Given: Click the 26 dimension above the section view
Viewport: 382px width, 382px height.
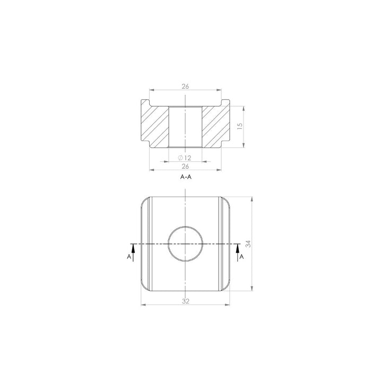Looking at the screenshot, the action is coord(185,86).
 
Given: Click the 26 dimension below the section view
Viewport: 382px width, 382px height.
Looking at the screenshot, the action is coord(185,167).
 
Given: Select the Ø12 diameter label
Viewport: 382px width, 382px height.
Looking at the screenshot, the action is coord(185,158).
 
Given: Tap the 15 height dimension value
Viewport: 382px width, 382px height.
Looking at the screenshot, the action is coord(240,126).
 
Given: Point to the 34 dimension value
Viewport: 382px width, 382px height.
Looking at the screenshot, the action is coord(248,244).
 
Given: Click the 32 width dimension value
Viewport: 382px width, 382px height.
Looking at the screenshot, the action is coord(186,301).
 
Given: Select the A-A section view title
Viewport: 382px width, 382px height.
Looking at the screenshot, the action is coord(186,177).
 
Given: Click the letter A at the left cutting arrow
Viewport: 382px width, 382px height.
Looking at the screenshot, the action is coord(129,257).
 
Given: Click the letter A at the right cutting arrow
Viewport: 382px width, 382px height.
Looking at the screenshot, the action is coord(241,257).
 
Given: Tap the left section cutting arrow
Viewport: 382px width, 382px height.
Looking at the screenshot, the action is coord(133,253).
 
